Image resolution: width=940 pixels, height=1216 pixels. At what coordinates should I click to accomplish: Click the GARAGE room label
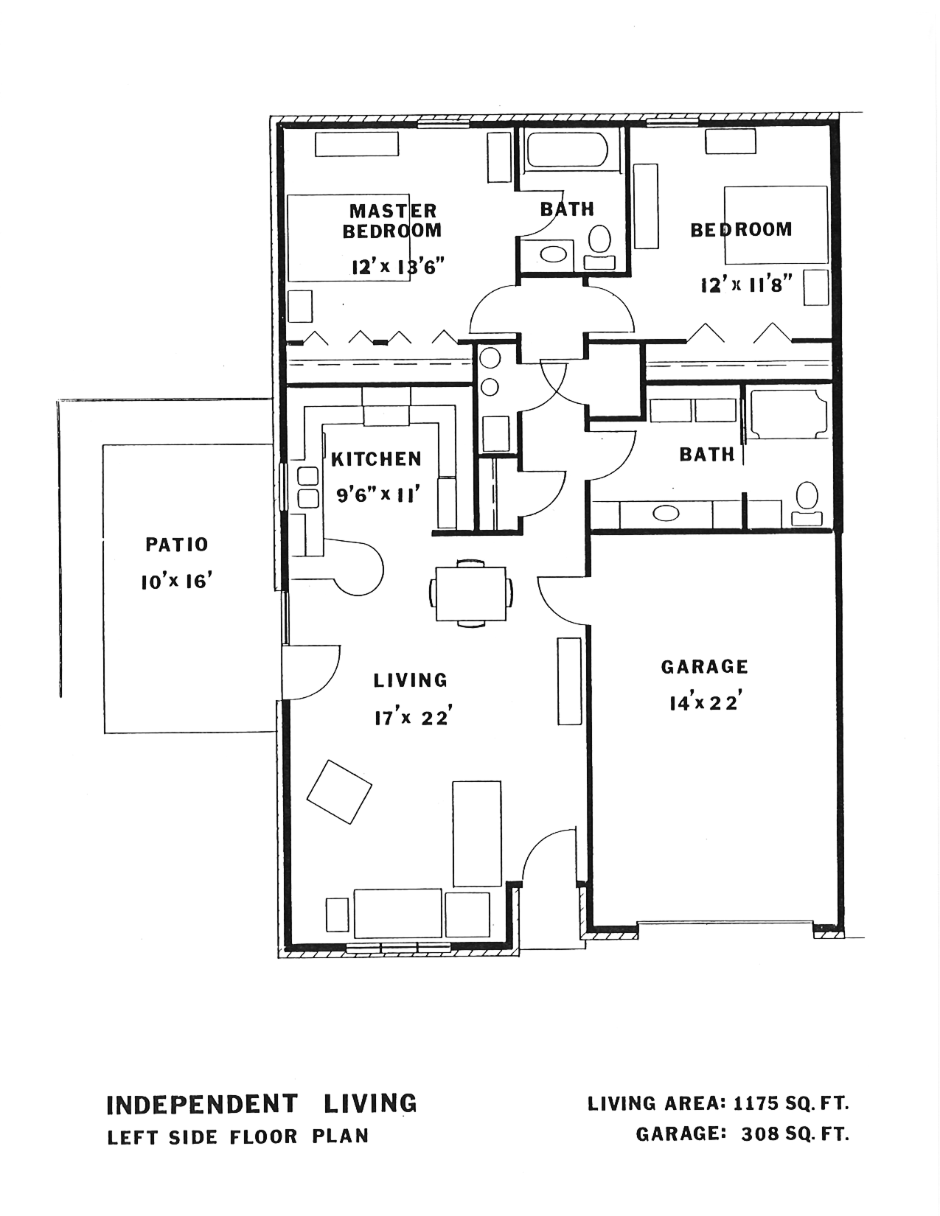[x=704, y=667]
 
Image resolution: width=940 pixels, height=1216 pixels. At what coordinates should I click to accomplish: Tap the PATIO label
[x=177, y=545]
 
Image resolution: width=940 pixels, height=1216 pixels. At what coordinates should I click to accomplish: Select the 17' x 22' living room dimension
[x=413, y=718]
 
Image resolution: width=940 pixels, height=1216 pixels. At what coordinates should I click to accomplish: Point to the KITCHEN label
[x=376, y=459]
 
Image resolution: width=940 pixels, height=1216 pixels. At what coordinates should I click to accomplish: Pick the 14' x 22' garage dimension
[x=706, y=702]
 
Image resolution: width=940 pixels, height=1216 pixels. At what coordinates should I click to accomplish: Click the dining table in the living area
[x=471, y=593]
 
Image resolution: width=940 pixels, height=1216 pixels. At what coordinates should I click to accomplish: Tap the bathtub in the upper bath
[x=566, y=149]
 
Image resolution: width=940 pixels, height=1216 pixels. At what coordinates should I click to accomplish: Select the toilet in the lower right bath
[x=807, y=503]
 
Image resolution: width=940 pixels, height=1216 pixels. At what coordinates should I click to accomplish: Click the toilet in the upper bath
[x=599, y=246]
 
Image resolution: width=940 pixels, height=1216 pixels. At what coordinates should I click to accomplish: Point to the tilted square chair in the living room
[x=339, y=792]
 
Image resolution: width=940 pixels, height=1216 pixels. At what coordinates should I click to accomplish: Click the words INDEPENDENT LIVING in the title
[x=262, y=1104]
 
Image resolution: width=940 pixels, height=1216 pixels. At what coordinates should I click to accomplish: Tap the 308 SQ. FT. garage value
[x=795, y=1134]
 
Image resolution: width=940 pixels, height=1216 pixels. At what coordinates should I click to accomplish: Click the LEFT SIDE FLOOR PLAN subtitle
[x=238, y=1136]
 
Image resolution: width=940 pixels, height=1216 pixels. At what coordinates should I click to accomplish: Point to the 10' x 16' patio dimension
[x=178, y=582]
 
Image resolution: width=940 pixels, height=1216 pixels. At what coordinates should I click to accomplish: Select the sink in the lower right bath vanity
[x=666, y=513]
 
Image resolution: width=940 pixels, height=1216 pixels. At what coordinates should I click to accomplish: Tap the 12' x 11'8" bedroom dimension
[x=746, y=285]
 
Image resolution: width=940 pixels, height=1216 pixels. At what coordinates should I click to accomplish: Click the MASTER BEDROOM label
[x=392, y=220]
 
